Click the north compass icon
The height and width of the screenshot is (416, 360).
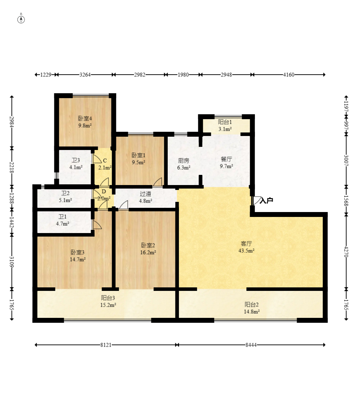21,19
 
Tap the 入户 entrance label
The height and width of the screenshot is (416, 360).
266,200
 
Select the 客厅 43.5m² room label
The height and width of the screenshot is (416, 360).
246,247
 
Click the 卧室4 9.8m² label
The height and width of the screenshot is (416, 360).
85,122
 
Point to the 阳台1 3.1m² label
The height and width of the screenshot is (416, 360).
225,125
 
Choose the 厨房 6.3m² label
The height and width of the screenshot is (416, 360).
184,164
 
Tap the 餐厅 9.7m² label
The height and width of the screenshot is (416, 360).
226,163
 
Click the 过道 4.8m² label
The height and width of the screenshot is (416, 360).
146,197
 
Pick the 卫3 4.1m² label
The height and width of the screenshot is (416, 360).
76,164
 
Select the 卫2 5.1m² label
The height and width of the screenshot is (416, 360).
65,197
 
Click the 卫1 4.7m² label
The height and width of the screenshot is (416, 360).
63,220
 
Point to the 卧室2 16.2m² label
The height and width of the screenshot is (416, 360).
148,249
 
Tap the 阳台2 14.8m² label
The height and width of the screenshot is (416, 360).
251,308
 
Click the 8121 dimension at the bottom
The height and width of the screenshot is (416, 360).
106,345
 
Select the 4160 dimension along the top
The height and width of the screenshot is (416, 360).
289,75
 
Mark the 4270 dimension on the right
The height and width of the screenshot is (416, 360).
346,252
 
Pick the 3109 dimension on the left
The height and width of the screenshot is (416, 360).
12,261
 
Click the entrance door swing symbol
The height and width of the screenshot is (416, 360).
256,200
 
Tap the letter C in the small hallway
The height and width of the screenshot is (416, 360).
105,161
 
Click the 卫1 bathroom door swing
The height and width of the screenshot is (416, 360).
97,224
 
